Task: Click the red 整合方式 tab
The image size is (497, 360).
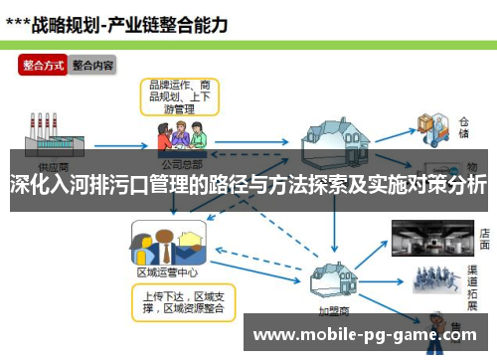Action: pos(43,65)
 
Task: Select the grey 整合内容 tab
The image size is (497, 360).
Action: pos(92,65)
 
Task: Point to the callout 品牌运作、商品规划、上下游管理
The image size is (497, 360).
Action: pos(178,94)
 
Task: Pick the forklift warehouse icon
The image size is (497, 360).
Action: pos(433,123)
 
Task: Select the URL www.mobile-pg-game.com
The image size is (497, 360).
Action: pos(367,335)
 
